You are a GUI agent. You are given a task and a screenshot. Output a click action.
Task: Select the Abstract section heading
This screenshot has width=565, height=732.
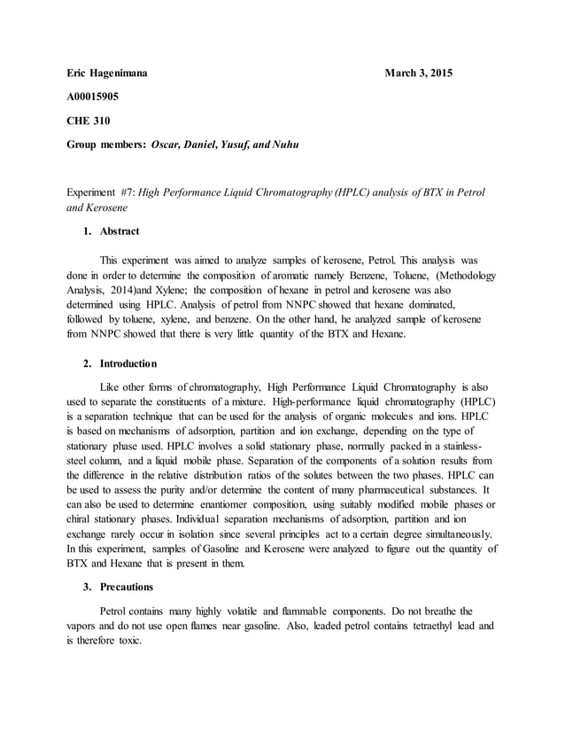pyautogui.click(x=119, y=231)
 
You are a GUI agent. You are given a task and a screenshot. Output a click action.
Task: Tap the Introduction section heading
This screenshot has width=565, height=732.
pyautogui.click(x=128, y=363)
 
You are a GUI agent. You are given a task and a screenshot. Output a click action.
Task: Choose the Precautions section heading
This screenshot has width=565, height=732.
pyautogui.click(x=126, y=587)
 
